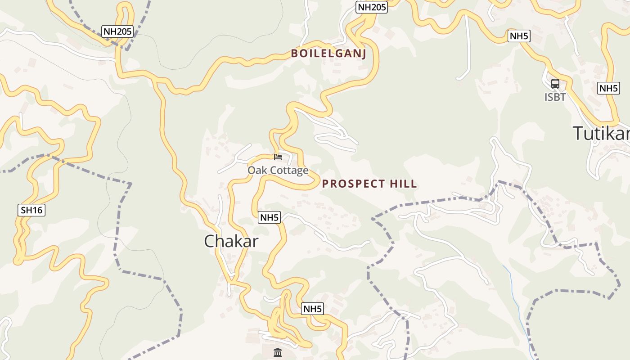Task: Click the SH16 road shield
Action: click(x=32, y=210)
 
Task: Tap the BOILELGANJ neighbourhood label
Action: click(x=328, y=54)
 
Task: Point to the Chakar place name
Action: click(x=231, y=241)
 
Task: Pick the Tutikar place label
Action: click(x=601, y=133)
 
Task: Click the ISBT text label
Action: click(x=555, y=97)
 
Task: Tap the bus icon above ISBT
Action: click(x=555, y=84)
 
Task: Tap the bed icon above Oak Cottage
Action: click(x=278, y=157)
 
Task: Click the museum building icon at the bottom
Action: click(x=278, y=352)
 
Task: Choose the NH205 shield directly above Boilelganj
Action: click(x=372, y=7)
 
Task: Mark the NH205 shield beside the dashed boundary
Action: click(x=118, y=31)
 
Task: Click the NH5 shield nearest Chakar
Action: click(x=270, y=218)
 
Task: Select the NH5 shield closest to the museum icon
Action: click(x=313, y=309)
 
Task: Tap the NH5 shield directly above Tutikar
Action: click(x=609, y=88)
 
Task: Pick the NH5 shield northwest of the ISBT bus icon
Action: click(x=519, y=36)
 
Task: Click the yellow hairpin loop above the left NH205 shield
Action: click(x=126, y=11)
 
